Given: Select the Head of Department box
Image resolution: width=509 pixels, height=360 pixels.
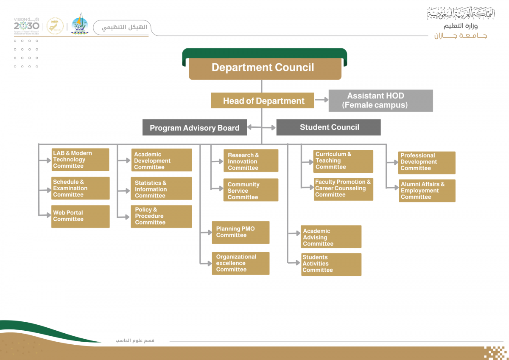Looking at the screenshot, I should pos(263,101).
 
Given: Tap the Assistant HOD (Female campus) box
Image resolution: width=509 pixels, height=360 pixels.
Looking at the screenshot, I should pos(380,101).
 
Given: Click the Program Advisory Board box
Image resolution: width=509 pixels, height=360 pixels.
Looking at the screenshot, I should pos(194,127).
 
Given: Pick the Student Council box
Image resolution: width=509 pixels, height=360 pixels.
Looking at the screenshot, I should pos(328,127).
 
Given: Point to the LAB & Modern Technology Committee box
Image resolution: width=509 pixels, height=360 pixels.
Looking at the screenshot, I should pos(80,160).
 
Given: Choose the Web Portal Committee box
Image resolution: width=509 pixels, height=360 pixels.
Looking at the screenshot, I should pos(80,216).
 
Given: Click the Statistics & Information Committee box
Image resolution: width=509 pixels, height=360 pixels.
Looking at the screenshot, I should pos(161,189).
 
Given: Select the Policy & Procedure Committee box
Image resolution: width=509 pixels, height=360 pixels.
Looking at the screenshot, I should pos(161,216).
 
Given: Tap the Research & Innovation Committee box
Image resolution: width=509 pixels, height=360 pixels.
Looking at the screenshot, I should pos(251,161).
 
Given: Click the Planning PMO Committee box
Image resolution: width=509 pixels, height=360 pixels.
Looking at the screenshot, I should pos(241,232).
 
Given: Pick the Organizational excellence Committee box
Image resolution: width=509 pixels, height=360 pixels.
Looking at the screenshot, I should pos(241,263).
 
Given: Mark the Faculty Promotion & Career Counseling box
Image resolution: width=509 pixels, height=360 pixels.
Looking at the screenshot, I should pos(343,188).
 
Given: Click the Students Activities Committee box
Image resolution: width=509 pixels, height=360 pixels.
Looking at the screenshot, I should pos(331,264).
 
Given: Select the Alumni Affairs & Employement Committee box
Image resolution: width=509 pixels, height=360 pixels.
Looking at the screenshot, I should pos(427,191).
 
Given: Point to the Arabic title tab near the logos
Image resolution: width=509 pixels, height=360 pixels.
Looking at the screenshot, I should pos(122,28).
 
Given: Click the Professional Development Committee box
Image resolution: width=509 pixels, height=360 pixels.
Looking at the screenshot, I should pos(427,162).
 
